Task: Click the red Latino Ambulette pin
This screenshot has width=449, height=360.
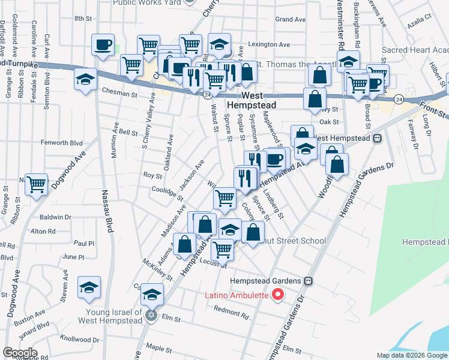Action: tap(277, 295)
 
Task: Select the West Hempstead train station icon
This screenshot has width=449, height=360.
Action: tap(378, 139)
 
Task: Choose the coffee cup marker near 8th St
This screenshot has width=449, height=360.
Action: tap(103, 45)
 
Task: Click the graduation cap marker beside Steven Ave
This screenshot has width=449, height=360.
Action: tap(89, 288)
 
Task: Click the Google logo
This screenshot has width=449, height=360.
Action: tap(19, 353)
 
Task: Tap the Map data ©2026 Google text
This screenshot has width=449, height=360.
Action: tap(412, 355)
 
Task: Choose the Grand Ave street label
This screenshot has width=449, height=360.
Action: tap(291, 19)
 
